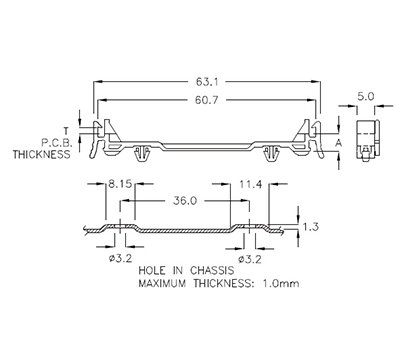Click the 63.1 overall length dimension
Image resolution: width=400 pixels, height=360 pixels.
tap(206, 82)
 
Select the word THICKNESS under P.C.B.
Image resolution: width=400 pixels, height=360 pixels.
tap(42, 155)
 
